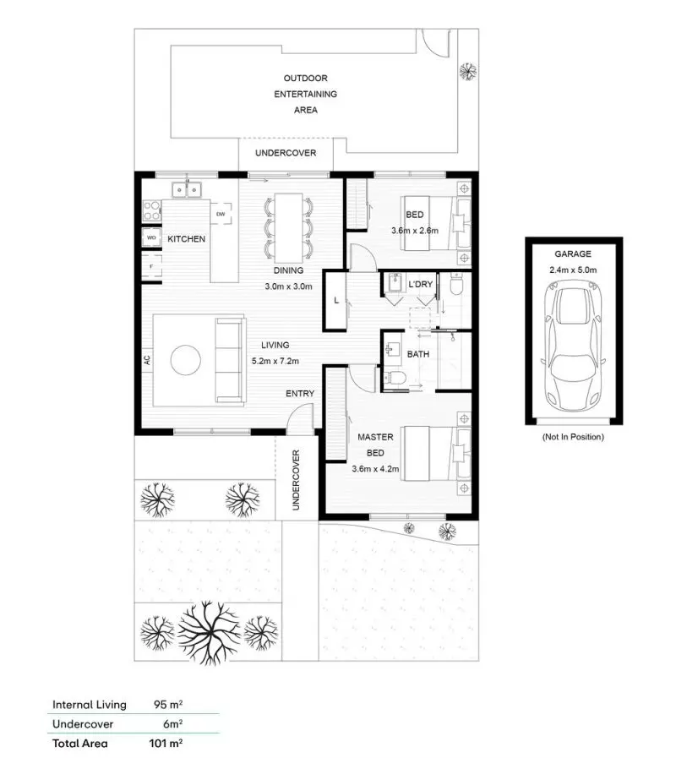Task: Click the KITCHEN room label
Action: click(x=186, y=239)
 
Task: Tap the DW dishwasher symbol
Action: click(x=221, y=214)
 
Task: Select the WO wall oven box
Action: click(x=151, y=238)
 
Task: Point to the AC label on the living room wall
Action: click(x=147, y=359)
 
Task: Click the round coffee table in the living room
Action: click(x=186, y=361)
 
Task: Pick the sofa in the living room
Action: click(x=230, y=359)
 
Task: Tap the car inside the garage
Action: click(x=573, y=345)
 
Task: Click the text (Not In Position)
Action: click(x=573, y=437)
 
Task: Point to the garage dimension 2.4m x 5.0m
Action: click(x=573, y=270)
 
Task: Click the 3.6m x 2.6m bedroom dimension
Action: click(x=414, y=231)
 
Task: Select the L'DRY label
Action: click(x=420, y=285)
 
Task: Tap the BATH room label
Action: click(x=418, y=355)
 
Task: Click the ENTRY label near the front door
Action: click(x=300, y=394)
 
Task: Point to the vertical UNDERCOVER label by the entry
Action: click(x=296, y=478)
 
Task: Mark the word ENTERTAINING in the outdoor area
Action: click(x=305, y=94)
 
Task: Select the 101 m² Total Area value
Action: click(x=166, y=744)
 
